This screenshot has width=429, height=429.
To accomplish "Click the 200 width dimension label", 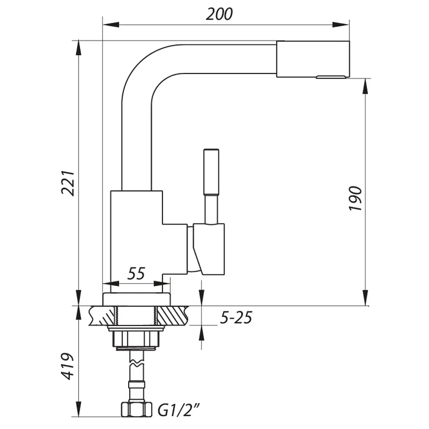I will coord(219,14).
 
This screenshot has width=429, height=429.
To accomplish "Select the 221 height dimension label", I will coord(68,183).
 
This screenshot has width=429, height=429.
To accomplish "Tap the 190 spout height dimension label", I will coord(356,199).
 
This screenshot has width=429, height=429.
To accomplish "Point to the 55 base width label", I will coord(136,274).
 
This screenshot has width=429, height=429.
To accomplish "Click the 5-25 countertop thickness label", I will coord(235,317).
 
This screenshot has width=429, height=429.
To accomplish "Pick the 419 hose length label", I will coord(68,366).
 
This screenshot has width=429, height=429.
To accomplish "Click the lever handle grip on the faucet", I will coord(211,172).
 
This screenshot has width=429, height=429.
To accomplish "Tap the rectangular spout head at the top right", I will coord(313,59).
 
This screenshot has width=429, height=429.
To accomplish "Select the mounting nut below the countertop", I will coord(136,339).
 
